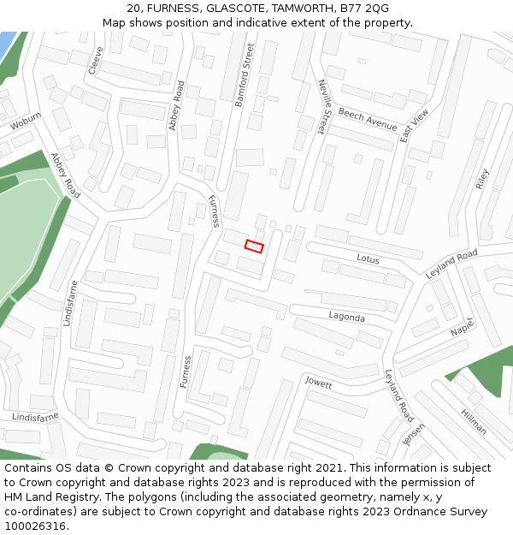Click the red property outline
click(254, 246)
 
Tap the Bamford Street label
click(245, 74)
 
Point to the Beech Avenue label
click(368, 119)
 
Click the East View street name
click(414, 124)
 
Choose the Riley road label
click(482, 178)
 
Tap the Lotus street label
click(368, 258)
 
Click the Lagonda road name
click(347, 317)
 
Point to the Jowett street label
click(318, 383)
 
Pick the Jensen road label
click(414, 434)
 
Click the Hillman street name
click(473, 421)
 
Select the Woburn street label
click(26, 122)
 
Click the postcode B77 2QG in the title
click(363, 9)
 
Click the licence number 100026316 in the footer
click(35, 526)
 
